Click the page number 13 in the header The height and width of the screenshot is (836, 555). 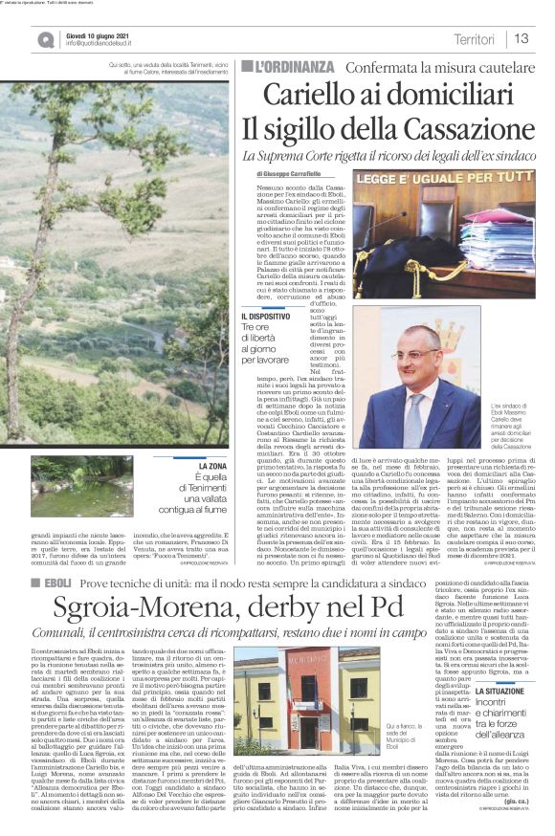523,39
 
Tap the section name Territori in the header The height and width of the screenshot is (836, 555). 475,39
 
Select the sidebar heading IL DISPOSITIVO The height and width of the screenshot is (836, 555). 266,315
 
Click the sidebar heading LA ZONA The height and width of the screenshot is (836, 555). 210,466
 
